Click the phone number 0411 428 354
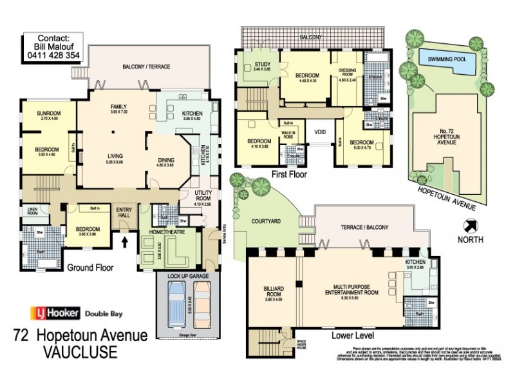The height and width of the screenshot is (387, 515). coord(53,56)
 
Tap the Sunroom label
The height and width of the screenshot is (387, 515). coord(50,114)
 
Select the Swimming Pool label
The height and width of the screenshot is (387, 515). coord(451,59)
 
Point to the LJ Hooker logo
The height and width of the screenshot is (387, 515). coord(55,314)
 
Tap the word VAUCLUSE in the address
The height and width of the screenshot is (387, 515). coord(80,352)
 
